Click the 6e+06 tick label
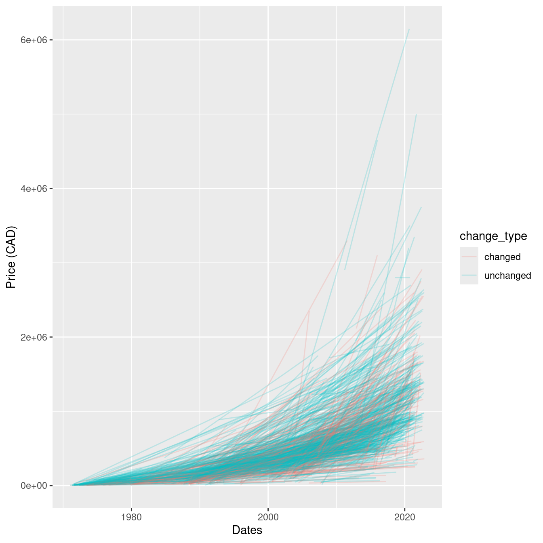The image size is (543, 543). tap(34, 40)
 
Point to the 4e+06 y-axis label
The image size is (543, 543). tap(34, 189)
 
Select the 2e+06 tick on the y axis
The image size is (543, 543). tap(34, 337)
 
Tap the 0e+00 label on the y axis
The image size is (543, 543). tap(34, 485)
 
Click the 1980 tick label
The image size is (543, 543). tap(131, 518)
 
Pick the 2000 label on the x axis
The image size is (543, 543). tap(268, 518)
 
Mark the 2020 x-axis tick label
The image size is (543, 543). tap(405, 518)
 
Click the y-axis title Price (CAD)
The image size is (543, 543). tap(11, 257)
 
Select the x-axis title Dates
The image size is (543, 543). tap(247, 530)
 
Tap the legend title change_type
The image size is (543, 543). tap(493, 236)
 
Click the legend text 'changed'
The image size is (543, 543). tap(502, 257)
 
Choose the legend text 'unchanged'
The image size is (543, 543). tap(507, 276)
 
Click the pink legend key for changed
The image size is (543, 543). tap(469, 257)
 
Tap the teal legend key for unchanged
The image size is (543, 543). tap(469, 275)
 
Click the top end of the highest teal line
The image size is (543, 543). tap(409, 29)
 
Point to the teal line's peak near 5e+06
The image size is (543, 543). tap(416, 115)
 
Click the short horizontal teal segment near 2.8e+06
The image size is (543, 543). tap(402, 278)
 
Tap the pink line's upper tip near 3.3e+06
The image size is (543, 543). tap(347, 241)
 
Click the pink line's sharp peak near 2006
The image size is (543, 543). tap(309, 310)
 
